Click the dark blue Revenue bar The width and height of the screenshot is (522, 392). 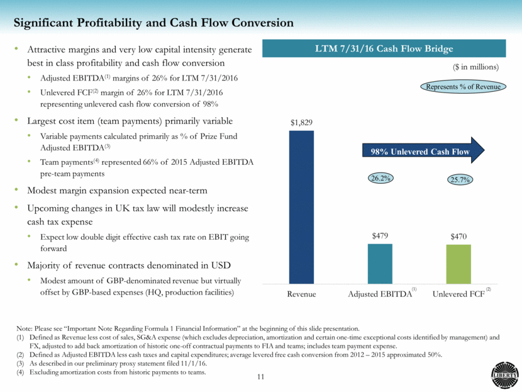pyautogui.click(x=301, y=207)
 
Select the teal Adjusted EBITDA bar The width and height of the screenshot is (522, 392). pyautogui.click(x=379, y=264)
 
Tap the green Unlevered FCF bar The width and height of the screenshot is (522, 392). pyautogui.click(x=458, y=264)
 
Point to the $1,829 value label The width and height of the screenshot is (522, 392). pyautogui.click(x=301, y=123)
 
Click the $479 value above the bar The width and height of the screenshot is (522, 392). pyautogui.click(x=379, y=235)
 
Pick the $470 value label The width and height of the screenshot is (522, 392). pyautogui.click(x=458, y=236)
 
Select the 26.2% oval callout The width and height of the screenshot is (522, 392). pyautogui.click(x=379, y=178)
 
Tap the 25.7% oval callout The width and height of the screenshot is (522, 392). pyautogui.click(x=458, y=180)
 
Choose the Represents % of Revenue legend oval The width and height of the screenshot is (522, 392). pyautogui.click(x=463, y=87)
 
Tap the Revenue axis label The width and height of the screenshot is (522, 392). pyautogui.click(x=301, y=294)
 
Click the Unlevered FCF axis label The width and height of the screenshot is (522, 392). pyautogui.click(x=457, y=294)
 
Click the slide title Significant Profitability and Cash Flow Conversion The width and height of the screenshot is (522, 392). pyautogui.click(x=154, y=23)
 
